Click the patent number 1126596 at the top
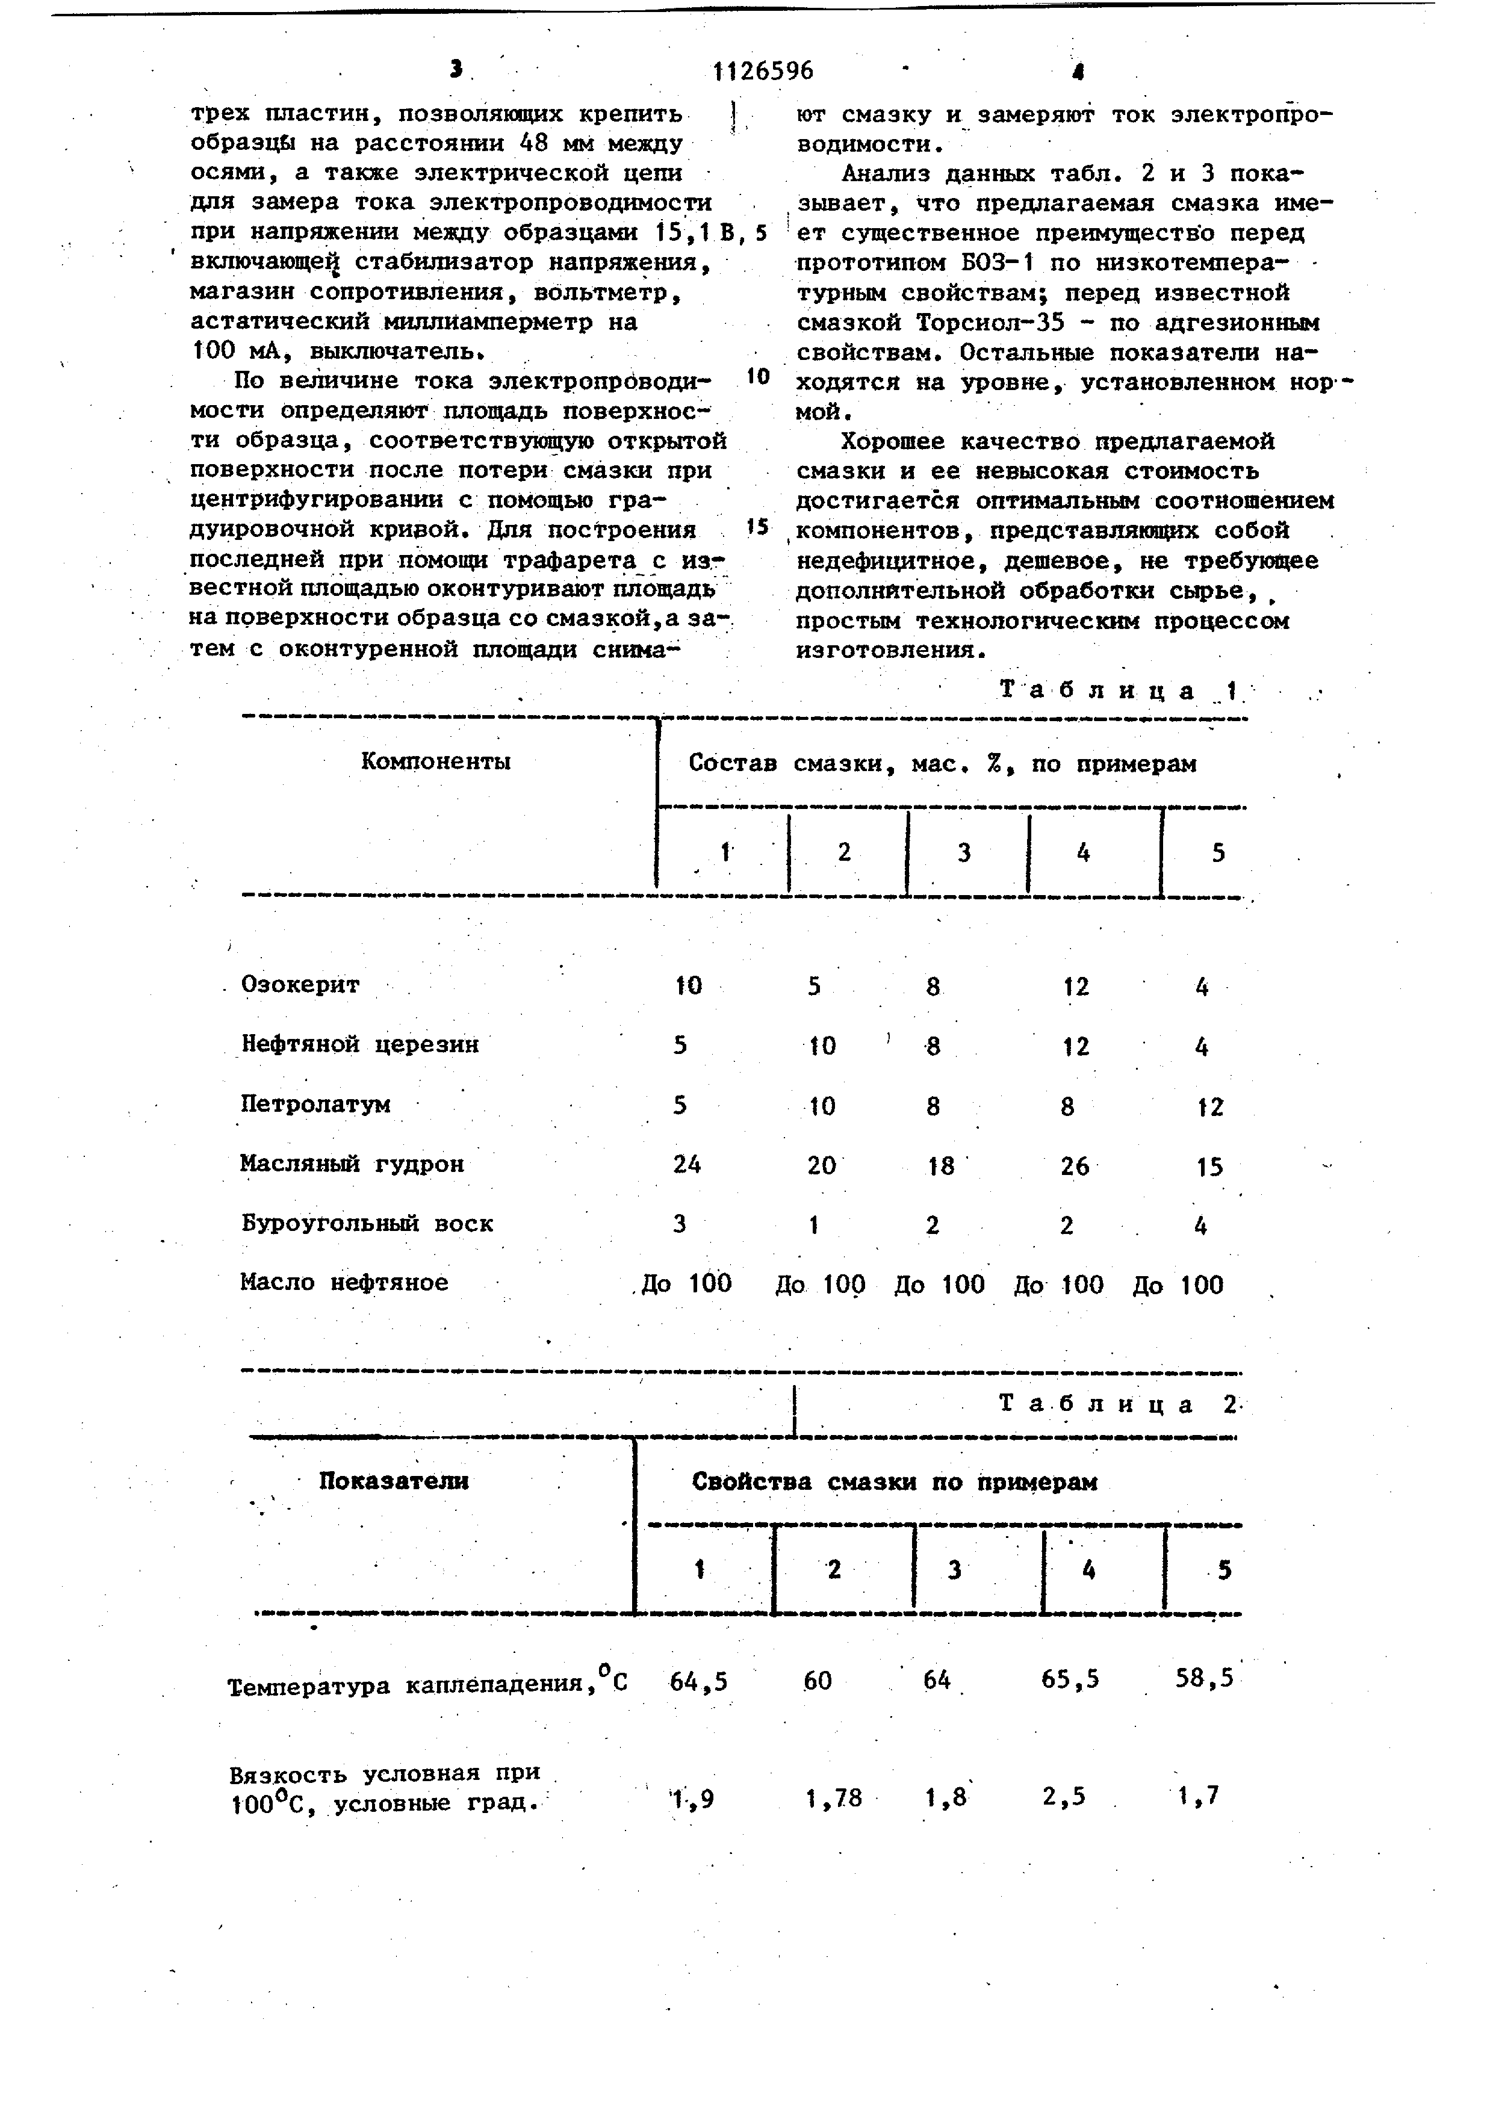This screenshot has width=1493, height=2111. pyautogui.click(x=763, y=71)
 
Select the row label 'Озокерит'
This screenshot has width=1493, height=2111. pyautogui.click(x=300, y=985)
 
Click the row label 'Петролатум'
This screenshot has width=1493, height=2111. pyautogui.click(x=315, y=1103)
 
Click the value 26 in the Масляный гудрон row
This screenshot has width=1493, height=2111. pyautogui.click(x=1074, y=1166)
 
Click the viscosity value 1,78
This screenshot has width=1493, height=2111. pyautogui.click(x=834, y=1797)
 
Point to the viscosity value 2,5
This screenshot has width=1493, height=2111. pyautogui.click(x=1064, y=1796)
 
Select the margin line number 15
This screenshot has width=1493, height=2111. pyautogui.click(x=757, y=526)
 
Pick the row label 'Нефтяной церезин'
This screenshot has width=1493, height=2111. pyautogui.click(x=359, y=1044)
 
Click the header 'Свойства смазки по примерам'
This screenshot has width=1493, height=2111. pyautogui.click(x=895, y=1481)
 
